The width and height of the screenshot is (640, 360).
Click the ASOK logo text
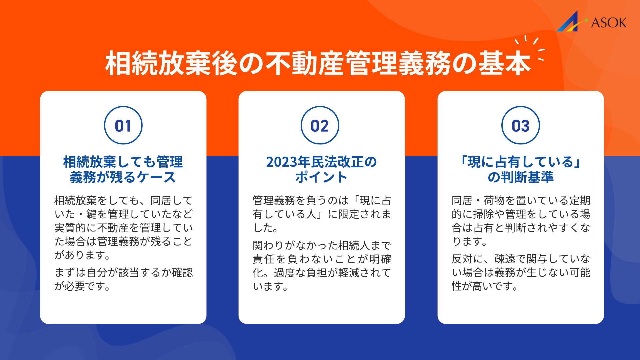coord(609,23)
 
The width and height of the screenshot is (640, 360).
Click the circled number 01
coord(123,126)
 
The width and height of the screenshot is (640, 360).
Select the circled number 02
coord(320,126)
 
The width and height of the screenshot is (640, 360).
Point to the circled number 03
coord(520,126)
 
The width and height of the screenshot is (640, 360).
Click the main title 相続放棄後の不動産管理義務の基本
coord(318,63)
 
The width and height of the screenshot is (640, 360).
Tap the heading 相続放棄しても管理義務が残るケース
coord(123,169)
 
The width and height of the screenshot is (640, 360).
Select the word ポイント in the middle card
coord(321,177)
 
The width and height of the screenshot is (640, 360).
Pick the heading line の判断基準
coord(520,177)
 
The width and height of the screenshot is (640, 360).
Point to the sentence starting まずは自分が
coord(124,279)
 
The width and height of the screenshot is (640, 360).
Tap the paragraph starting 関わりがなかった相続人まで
coord(322,266)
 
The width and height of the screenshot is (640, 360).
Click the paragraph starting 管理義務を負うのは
coord(322,214)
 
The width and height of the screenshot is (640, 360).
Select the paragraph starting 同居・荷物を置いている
coord(521,221)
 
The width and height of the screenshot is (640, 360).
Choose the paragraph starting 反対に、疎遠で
coord(521,272)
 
